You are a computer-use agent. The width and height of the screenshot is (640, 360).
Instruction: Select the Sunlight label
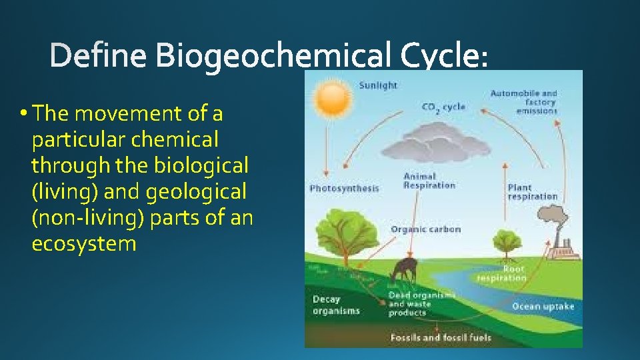click(378, 85)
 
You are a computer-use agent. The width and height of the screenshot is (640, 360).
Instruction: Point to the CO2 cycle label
click(443, 107)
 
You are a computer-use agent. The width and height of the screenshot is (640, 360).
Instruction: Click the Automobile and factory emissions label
click(523, 102)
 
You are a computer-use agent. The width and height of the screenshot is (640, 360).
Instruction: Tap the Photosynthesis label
click(344, 189)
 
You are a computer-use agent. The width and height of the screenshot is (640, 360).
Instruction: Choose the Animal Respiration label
click(429, 181)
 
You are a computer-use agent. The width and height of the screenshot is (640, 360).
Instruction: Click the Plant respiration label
click(532, 192)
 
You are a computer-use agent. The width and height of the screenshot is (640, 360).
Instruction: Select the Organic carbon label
click(425, 229)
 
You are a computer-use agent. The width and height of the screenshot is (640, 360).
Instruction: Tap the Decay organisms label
click(336, 305)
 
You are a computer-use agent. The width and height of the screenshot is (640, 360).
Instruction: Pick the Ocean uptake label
click(543, 307)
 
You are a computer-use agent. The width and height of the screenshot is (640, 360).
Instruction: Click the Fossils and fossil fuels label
click(441, 337)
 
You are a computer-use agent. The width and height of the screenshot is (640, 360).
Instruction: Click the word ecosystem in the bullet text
click(84, 243)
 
